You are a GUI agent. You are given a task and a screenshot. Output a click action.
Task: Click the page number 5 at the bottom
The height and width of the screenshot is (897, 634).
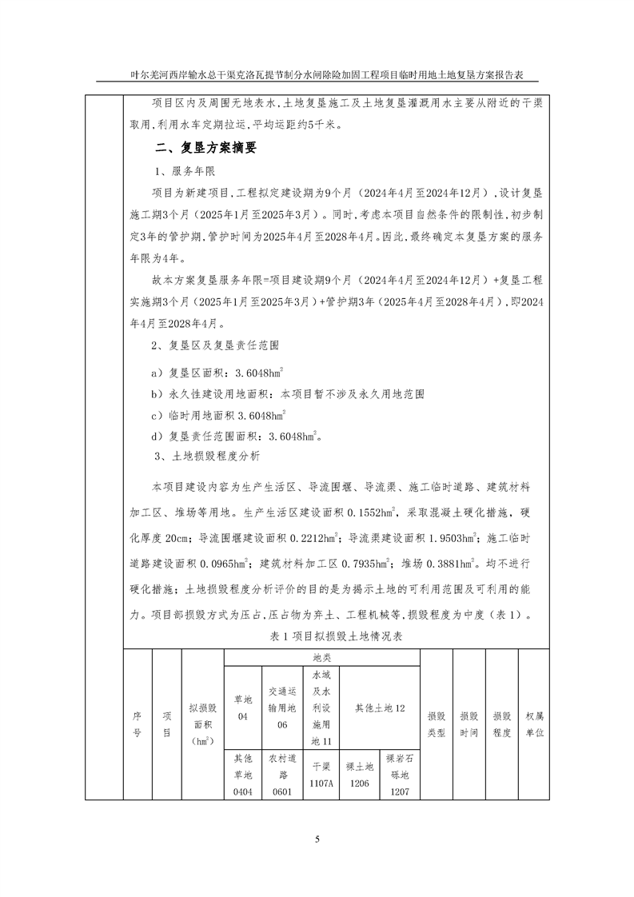pyautogui.click(x=317, y=839)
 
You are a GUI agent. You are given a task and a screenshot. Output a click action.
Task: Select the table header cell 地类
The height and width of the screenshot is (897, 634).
pyautogui.click(x=322, y=657)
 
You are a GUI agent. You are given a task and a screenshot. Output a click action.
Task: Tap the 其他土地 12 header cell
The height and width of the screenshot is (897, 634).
pyautogui.click(x=380, y=708)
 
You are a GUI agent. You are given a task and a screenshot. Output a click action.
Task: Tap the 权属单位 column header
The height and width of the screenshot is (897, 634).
pyautogui.click(x=534, y=724)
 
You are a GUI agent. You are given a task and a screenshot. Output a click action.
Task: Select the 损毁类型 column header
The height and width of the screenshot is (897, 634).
pyautogui.click(x=436, y=724)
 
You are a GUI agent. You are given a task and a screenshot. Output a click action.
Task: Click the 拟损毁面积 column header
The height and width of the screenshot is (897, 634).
pyautogui.click(x=203, y=724)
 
